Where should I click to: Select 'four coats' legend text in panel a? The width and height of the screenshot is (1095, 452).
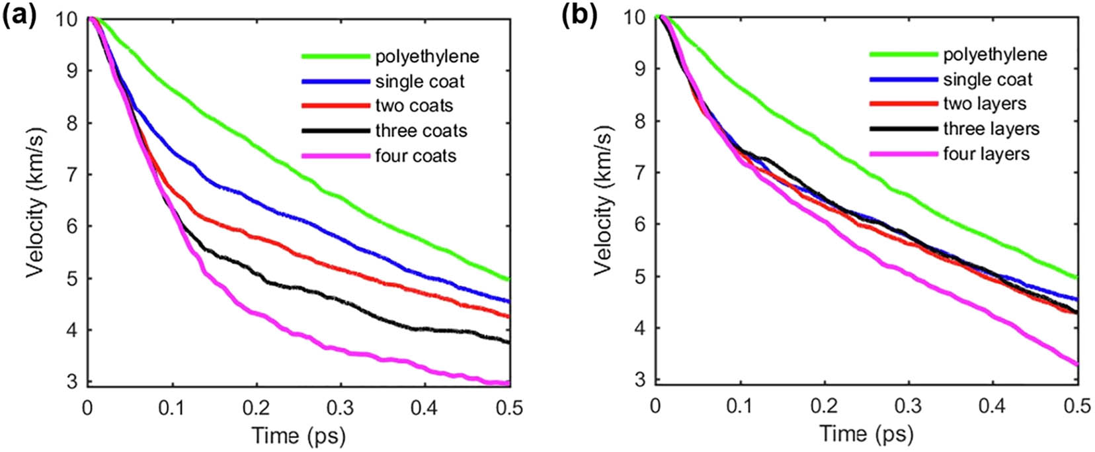click(x=416, y=156)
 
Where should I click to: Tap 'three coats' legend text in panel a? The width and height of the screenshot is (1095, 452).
click(x=421, y=131)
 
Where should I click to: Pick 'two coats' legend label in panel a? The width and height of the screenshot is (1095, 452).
click(x=415, y=106)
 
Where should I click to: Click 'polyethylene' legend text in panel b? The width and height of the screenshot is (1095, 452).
click(x=995, y=54)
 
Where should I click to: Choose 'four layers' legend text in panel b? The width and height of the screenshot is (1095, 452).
click(x=987, y=154)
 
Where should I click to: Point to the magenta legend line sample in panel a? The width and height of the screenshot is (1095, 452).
click(x=335, y=156)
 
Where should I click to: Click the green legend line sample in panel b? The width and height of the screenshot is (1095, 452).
click(x=903, y=54)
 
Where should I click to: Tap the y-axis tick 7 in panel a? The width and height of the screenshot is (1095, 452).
click(x=72, y=175)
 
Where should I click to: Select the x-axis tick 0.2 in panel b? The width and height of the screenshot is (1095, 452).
click(x=825, y=406)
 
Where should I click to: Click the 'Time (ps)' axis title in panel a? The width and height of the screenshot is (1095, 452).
click(x=298, y=435)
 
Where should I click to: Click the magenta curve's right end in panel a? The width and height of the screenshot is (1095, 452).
click(x=508, y=383)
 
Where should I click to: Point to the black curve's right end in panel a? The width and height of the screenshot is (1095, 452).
click(x=508, y=342)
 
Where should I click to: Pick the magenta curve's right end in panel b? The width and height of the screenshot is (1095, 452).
click(x=1077, y=364)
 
